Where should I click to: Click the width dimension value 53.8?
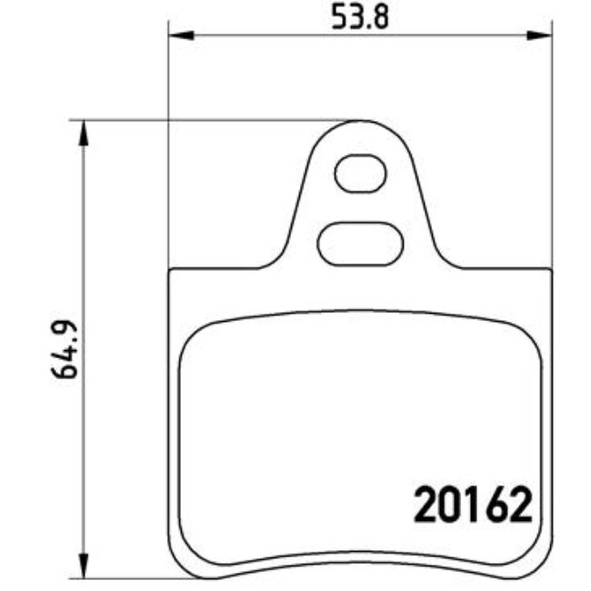(x=360, y=18)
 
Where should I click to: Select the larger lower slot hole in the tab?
(x=361, y=243)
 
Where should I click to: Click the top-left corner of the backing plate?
(x=172, y=270)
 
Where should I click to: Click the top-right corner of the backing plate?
(x=551, y=270)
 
